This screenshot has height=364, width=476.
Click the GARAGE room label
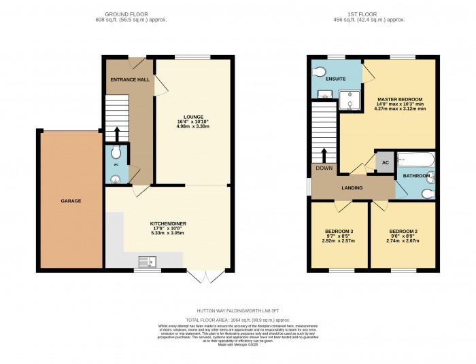[71, 201]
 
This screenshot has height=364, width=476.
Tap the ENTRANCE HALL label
[130, 79]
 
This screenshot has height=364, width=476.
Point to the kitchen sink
[146, 260]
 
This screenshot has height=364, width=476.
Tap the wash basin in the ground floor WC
[115, 179]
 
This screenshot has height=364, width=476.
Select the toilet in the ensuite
[318, 70]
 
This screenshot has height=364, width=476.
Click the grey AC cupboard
[385, 162]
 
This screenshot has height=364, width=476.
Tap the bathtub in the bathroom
[415, 161]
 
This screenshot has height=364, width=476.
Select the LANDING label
[352, 188]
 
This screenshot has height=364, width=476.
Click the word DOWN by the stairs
[324, 167]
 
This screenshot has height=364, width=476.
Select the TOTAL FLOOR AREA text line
[237, 318]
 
